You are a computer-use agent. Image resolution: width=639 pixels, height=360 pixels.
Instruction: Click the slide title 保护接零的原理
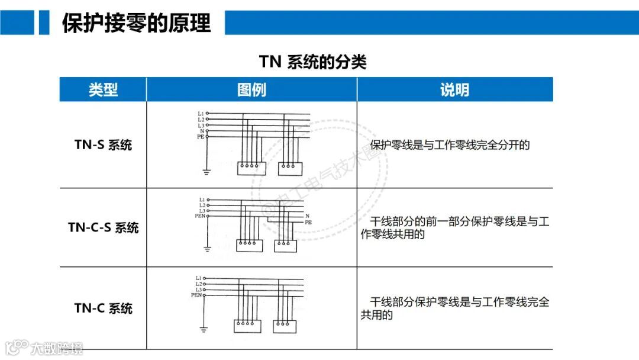point(136,23)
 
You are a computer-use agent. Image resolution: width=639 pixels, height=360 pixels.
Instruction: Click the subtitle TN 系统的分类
point(312,62)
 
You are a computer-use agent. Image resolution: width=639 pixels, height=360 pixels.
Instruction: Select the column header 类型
point(103,90)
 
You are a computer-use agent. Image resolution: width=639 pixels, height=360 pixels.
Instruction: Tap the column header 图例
point(251,90)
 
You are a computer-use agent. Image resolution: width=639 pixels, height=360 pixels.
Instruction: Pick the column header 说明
point(454,90)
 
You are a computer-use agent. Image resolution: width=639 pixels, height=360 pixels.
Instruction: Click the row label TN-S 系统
point(103,145)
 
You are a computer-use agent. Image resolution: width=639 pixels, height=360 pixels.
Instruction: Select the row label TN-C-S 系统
point(103,227)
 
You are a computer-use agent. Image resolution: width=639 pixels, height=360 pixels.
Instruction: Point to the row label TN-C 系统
point(103,308)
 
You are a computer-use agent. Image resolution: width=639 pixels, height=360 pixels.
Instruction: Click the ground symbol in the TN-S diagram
point(206,172)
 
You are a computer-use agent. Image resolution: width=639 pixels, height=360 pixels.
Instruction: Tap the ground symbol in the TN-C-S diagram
point(207,249)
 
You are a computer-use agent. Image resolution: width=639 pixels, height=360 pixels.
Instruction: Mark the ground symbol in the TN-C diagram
point(204,329)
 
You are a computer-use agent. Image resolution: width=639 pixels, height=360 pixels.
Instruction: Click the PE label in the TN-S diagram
point(201,137)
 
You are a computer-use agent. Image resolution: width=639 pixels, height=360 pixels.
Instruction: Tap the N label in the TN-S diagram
point(202,131)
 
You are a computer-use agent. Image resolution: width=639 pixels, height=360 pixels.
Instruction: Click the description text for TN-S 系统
point(450,145)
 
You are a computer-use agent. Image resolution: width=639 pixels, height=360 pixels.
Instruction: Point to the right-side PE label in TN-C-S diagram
point(308,223)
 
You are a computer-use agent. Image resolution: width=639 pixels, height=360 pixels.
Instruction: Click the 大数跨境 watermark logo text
point(57,348)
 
